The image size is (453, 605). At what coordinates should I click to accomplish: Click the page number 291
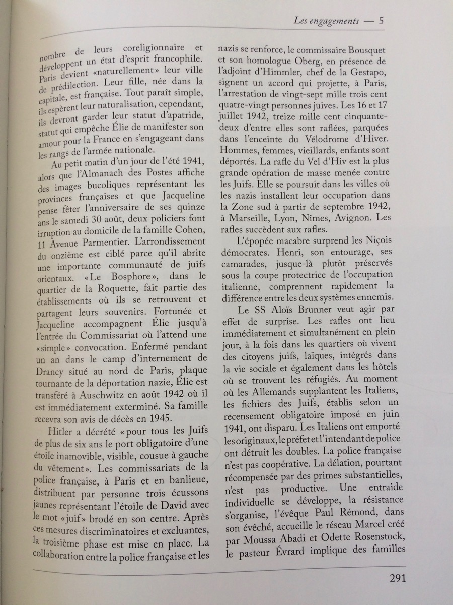click(397, 578)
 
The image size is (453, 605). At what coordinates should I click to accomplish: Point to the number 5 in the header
click(382, 21)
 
